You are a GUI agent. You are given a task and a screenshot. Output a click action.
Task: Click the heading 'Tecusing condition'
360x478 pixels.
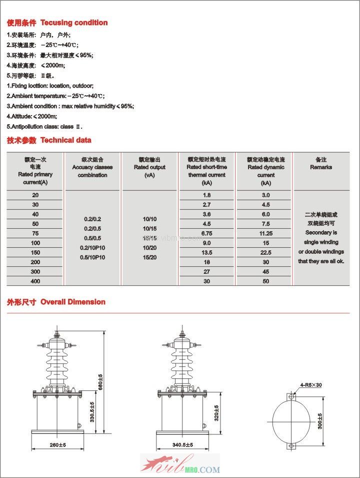point(73,23)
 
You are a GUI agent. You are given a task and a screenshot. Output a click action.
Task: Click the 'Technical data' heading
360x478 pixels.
point(65,140)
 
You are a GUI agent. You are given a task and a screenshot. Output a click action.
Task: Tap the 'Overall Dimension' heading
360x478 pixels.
point(72,302)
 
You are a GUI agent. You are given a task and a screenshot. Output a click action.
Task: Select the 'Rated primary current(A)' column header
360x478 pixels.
point(35,171)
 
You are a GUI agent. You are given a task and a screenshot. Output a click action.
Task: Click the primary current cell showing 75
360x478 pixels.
point(35,233)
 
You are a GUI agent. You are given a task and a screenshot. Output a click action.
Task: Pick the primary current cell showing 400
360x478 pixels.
point(35,281)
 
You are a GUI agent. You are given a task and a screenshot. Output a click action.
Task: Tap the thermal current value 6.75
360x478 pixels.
point(206,233)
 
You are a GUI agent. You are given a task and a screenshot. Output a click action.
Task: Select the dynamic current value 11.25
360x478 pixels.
point(266,233)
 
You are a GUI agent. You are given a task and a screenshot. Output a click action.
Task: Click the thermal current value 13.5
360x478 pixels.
point(206,252)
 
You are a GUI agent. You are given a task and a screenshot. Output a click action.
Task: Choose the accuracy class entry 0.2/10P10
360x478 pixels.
point(92,248)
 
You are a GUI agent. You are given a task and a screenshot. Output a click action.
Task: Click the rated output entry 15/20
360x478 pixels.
point(149,257)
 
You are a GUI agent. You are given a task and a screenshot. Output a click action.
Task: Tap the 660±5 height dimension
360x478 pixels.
point(100,383)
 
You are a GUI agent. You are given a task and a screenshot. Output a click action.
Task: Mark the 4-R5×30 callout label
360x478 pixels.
point(311,385)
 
